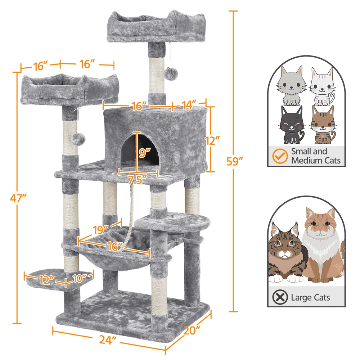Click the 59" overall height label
(234, 161)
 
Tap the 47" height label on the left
(18, 198)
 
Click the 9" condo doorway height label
(144, 153)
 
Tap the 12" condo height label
(213, 140)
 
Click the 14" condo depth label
(189, 105)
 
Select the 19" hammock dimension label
(101, 230)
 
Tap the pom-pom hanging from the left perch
(78, 139)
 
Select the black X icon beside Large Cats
(280, 297)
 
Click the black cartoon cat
(291, 125)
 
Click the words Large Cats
(310, 298)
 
